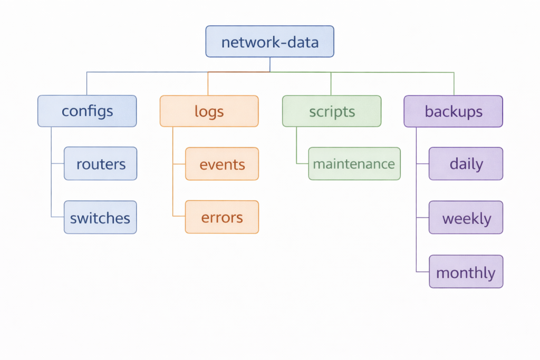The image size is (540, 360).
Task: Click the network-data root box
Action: click(x=269, y=42)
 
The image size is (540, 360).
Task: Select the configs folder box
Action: click(x=87, y=111)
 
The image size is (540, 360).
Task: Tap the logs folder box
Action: click(x=209, y=111)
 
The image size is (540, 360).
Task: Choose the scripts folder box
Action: click(x=332, y=111)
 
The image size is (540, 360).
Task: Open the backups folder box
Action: click(x=454, y=111)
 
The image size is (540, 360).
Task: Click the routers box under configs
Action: click(x=100, y=164)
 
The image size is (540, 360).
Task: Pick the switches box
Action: click(x=100, y=218)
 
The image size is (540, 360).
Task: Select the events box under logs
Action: click(x=222, y=164)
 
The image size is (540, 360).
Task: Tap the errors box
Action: click(x=222, y=217)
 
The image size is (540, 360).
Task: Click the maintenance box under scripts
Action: click(x=354, y=164)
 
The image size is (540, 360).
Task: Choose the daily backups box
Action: click(x=466, y=164)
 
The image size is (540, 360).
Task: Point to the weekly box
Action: click(x=466, y=218)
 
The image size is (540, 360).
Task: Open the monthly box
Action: click(x=466, y=272)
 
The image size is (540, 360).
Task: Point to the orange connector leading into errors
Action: click(x=179, y=217)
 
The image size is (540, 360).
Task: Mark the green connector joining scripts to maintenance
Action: click(x=296, y=148)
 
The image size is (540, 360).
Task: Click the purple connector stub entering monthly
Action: click(x=422, y=272)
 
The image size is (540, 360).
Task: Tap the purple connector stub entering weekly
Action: click(x=422, y=218)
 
